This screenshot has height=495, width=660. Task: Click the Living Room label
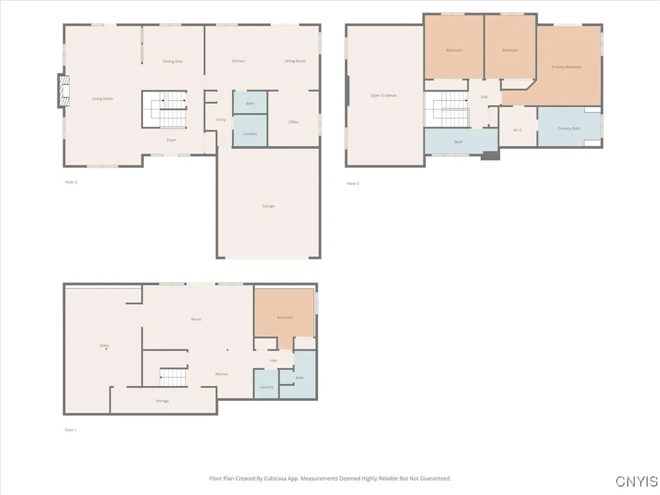click(x=102, y=99)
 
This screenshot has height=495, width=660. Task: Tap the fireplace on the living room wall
click(x=63, y=90)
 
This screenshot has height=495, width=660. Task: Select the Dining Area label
click(x=173, y=61)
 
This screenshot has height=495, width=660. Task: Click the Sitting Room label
click(x=295, y=61)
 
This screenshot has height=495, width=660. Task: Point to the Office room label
click(x=294, y=122)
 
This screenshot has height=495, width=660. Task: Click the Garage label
click(x=268, y=206)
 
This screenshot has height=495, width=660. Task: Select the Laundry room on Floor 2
click(x=250, y=133)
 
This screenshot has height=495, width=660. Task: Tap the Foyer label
click(x=171, y=140)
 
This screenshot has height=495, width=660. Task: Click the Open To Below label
click(x=383, y=95)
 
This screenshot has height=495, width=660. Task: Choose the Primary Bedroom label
click(x=567, y=67)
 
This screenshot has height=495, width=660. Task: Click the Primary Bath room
click(x=569, y=128)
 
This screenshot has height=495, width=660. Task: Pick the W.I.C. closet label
click(x=518, y=130)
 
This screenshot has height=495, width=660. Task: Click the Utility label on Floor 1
click(x=104, y=345)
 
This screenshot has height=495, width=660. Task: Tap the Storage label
click(x=162, y=401)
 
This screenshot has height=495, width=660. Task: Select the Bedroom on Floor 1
click(x=285, y=317)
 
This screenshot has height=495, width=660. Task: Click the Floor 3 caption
click(x=353, y=184)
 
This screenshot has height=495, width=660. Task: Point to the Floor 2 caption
click(x=71, y=182)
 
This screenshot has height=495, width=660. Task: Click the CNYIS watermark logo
click(x=636, y=481)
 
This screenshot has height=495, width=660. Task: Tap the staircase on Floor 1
click(x=173, y=377)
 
